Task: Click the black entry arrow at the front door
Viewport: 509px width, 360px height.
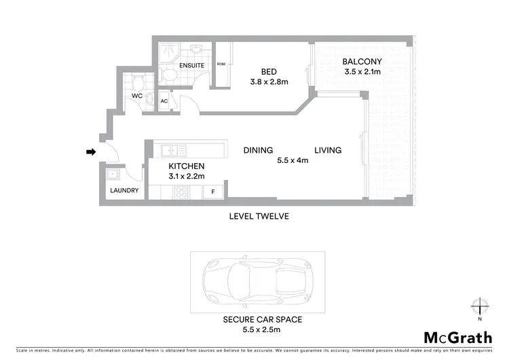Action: coord(90,152)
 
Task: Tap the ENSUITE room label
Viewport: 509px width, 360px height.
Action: coord(191,66)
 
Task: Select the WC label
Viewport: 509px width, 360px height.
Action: coord(136,96)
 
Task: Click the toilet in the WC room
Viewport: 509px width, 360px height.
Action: coord(138,84)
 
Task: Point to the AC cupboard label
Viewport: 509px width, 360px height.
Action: coord(164,101)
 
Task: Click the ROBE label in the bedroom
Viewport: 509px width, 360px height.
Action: coord(221,64)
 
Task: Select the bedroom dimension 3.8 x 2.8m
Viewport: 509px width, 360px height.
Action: coord(269,82)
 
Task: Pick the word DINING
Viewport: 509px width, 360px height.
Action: coord(258,150)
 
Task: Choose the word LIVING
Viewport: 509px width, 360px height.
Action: coord(327,150)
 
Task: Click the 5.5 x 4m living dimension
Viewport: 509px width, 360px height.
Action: coord(293,161)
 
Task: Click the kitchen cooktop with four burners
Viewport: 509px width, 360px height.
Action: coord(182,192)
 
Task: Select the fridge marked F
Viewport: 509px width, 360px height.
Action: coord(213,192)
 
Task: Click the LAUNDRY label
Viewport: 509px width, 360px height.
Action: coord(124,191)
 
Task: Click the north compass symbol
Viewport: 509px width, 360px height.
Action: coord(479,307)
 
